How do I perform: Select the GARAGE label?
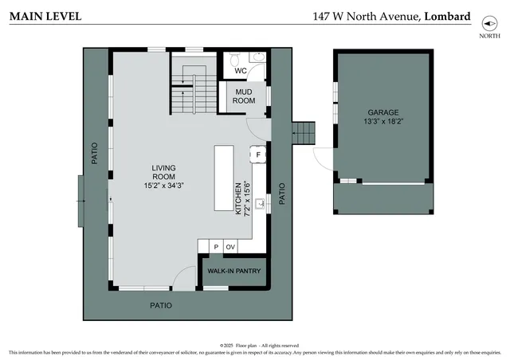pyautogui.click(x=382, y=113)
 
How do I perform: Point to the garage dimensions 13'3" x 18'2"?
pyautogui.click(x=382, y=123)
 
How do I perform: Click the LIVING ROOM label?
pyautogui.click(x=164, y=172)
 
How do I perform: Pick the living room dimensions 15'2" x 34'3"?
pyautogui.click(x=164, y=186)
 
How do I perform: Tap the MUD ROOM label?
pyautogui.click(x=245, y=96)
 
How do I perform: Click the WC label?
pyautogui.click(x=241, y=71)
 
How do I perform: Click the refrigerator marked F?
pyautogui.click(x=257, y=154)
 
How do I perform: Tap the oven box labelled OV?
pyautogui.click(x=230, y=247)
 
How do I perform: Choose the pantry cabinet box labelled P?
pyautogui.click(x=215, y=247)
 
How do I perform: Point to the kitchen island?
pyautogui.click(x=224, y=178)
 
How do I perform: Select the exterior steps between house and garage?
pyautogui.click(x=304, y=133)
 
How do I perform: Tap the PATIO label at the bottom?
pyautogui.click(x=161, y=305)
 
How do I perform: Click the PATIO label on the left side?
pyautogui.click(x=94, y=153)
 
